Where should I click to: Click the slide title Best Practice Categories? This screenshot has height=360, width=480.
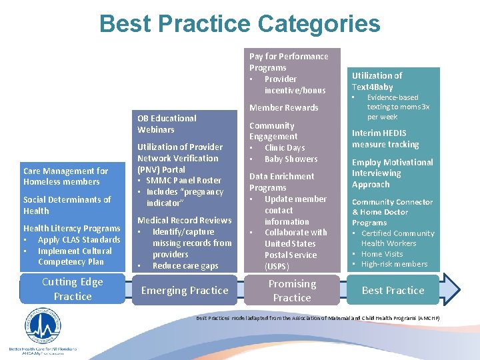point(239,24)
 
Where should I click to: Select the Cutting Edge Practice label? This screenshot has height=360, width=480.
point(73,289)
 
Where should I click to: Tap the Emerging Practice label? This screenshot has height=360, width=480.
point(185,291)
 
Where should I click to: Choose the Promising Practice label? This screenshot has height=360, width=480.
point(292,291)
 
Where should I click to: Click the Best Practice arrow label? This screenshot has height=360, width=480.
point(393,291)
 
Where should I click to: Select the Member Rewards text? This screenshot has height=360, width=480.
point(284,107)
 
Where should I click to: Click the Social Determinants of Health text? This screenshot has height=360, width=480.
point(67,205)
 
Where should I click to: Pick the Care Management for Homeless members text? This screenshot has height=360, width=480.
point(65,177)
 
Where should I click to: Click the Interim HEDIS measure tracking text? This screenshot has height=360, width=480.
point(385,139)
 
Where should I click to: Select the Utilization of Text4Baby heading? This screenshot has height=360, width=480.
point(377,81)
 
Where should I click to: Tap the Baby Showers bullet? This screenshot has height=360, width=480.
point(291,159)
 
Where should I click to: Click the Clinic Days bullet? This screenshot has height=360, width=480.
point(284,148)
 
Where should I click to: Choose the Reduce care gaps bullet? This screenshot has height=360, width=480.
point(185,266)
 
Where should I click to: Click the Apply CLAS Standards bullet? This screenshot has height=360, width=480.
point(79,240)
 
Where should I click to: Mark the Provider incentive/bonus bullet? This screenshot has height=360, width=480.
point(294,85)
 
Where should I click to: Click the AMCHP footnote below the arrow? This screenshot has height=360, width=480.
point(317,319)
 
